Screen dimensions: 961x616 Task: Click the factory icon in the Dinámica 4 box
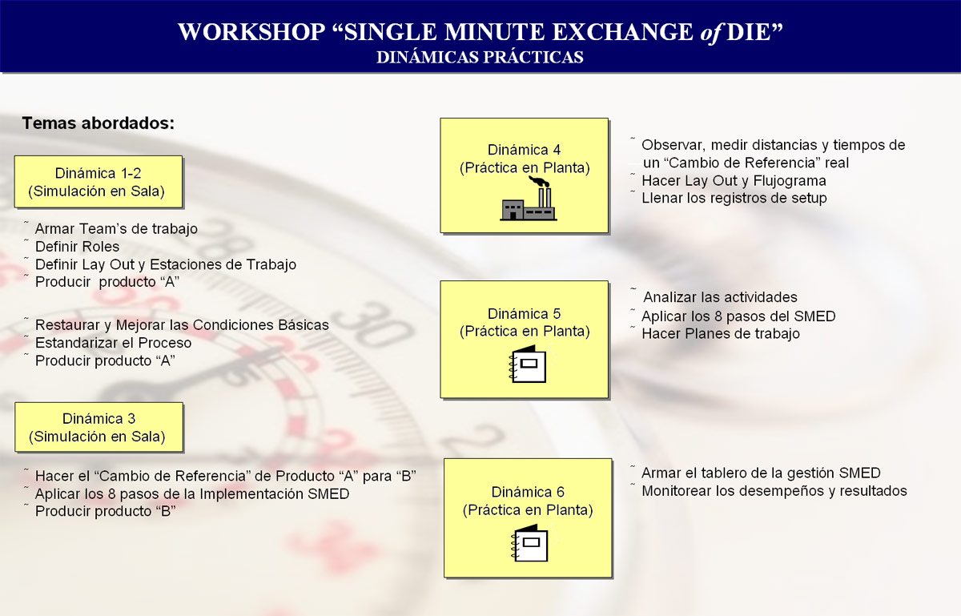pos(529,199)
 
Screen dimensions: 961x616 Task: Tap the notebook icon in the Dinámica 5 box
pos(529,364)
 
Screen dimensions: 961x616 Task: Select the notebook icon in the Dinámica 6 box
pos(532,542)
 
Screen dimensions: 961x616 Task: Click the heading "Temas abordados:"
pos(99,123)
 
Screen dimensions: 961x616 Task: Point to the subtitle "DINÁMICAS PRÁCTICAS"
pos(480,58)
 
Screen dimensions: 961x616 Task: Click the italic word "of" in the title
pos(710,33)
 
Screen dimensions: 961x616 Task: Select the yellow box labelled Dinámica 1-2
pos(99,182)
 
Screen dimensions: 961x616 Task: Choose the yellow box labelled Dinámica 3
pos(99,427)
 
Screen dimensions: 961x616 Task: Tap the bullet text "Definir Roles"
pos(77,247)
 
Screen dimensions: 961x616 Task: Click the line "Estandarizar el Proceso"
pos(113,343)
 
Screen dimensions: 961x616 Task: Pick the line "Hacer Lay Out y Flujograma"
pos(734,181)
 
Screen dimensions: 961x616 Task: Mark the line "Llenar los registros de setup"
pos(734,198)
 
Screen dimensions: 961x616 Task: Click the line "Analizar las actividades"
pos(720,297)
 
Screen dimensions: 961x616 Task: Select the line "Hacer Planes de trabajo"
pos(721,333)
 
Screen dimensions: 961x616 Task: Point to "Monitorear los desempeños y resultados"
pos(774,491)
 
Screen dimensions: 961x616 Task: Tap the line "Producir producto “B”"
pos(106,511)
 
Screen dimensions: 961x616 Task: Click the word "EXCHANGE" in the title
pos(622,32)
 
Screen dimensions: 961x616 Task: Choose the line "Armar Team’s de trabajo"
pos(116,229)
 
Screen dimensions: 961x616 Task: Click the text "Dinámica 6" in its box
pos(528,492)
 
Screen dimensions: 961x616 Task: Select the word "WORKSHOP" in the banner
pos(251,32)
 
